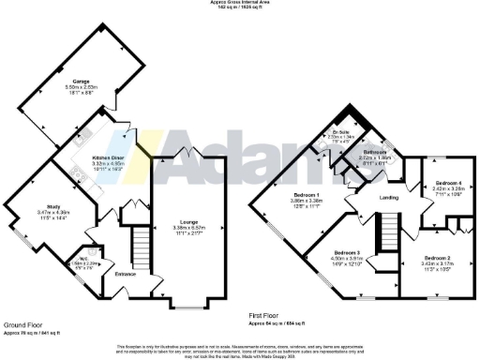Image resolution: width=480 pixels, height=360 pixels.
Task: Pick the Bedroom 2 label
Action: [x=436, y=257]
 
